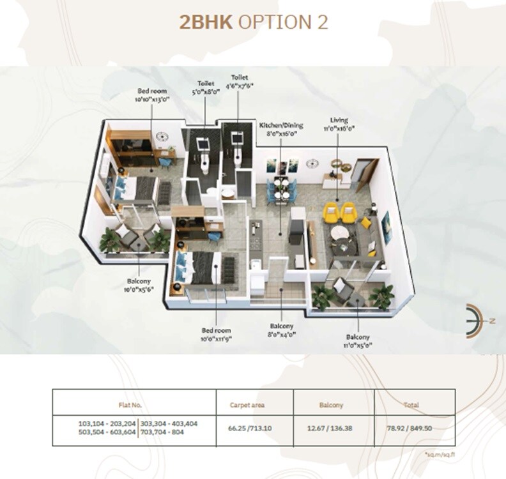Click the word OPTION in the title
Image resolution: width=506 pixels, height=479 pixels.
(282, 22)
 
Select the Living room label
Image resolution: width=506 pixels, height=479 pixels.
(339, 124)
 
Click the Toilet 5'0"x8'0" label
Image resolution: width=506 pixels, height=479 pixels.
(206, 87)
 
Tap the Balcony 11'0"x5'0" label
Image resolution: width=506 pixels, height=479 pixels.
(358, 341)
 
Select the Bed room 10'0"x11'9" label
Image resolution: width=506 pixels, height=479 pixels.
(216, 334)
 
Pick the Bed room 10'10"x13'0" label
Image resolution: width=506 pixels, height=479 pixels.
(151, 96)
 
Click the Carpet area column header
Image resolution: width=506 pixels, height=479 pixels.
(247, 404)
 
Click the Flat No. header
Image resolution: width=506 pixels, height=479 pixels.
(130, 404)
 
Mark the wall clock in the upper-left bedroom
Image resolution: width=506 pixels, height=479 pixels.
(162, 136)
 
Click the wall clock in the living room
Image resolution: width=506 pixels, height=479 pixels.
(312, 164)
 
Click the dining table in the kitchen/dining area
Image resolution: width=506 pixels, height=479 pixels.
(280, 188)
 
